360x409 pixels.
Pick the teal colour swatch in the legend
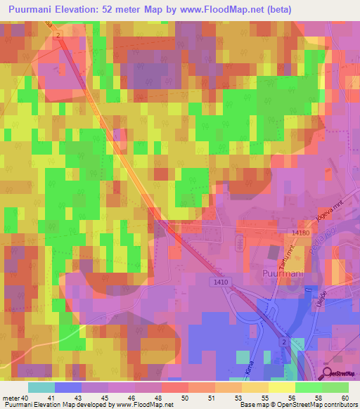(x=41, y=387)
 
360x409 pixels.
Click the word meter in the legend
(x=11, y=399)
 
